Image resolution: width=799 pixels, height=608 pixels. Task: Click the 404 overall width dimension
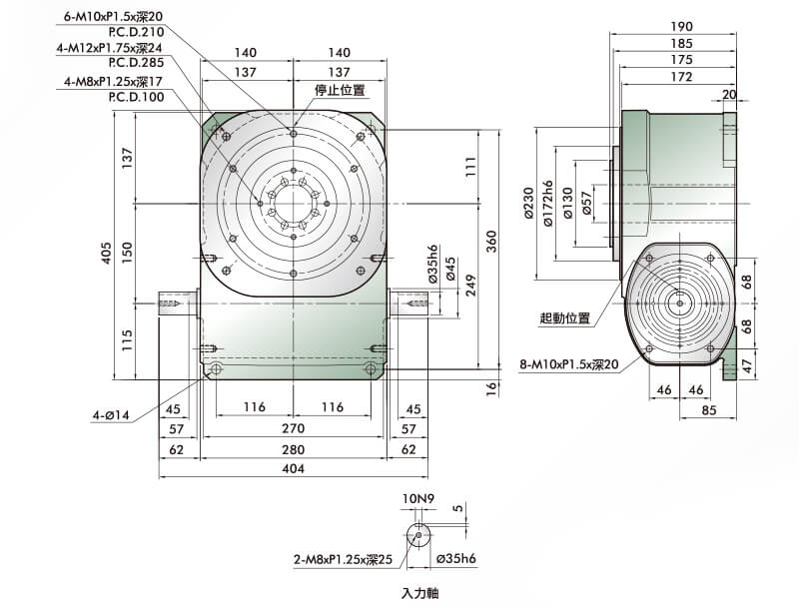(293, 468)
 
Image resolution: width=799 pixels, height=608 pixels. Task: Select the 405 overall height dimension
(106, 253)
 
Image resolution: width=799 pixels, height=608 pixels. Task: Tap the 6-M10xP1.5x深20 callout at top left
(113, 16)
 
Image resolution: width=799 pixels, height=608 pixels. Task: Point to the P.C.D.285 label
(136, 63)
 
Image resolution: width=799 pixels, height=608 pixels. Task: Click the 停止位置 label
(340, 90)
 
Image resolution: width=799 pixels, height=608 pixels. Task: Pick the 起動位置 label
(564, 318)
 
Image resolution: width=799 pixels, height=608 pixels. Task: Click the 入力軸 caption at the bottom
(419, 593)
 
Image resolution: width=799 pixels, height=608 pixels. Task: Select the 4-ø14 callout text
(111, 415)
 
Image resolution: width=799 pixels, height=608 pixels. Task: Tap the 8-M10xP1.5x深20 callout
(569, 364)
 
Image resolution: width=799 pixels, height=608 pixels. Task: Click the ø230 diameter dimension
(528, 204)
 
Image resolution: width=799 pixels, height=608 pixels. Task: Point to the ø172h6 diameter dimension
(548, 204)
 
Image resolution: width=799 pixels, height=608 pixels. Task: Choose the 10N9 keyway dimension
(418, 498)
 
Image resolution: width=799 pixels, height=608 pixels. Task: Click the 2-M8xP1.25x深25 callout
(343, 560)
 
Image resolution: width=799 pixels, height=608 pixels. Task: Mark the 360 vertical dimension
(490, 241)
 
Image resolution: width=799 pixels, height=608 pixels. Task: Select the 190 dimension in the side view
(681, 27)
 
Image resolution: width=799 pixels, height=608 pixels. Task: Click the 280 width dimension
(293, 449)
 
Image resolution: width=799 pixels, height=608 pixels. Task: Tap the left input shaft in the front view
(178, 304)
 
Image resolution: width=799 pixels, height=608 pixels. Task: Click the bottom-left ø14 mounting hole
(216, 368)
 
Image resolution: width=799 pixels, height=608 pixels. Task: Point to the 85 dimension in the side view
(708, 410)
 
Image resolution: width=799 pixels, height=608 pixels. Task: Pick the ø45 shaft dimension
(450, 269)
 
